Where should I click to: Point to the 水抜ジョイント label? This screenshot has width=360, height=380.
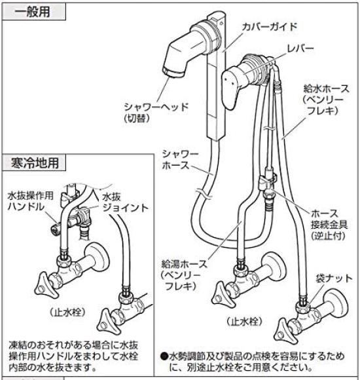tap(121, 202)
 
